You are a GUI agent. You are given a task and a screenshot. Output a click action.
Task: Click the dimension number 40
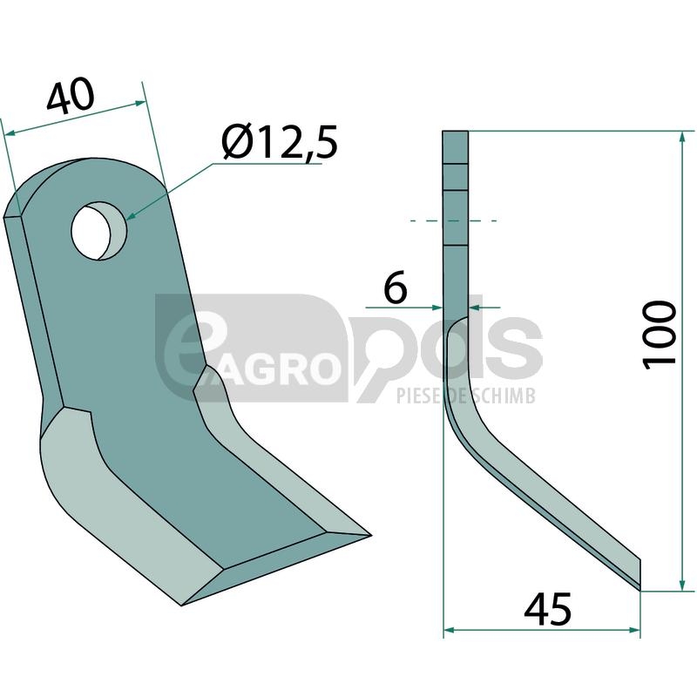(x=71, y=97)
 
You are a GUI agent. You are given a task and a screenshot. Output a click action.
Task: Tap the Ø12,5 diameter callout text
(x=280, y=142)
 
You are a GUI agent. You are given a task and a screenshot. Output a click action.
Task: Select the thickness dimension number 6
(x=395, y=288)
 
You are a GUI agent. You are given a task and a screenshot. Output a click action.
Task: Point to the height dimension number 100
(x=660, y=335)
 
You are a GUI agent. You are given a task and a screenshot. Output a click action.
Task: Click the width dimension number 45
(x=548, y=609)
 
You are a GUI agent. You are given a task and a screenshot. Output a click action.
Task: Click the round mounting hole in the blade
(x=98, y=231)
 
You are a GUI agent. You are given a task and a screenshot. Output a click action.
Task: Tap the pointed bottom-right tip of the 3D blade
(x=370, y=535)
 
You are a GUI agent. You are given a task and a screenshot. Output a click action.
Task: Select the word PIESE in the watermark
(x=419, y=396)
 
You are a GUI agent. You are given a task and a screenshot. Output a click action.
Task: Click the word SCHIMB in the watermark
(x=504, y=396)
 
